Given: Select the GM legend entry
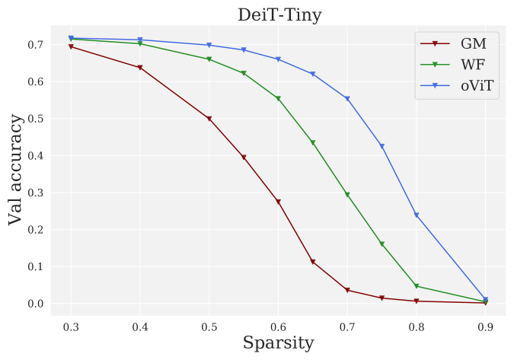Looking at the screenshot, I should click(x=473, y=43).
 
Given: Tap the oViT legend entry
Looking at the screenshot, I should click(x=477, y=86).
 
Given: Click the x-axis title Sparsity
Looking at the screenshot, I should click(x=278, y=343).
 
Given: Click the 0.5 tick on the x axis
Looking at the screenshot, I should click(x=209, y=326).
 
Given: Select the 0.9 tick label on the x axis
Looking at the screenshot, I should click(x=485, y=326).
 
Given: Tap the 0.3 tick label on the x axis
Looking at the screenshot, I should click(x=71, y=326).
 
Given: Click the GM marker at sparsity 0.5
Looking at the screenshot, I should click(x=209, y=119).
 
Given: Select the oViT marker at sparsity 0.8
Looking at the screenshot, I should click(x=417, y=215).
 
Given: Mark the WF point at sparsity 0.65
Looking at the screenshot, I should click(x=313, y=142).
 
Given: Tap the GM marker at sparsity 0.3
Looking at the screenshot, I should click(x=71, y=47).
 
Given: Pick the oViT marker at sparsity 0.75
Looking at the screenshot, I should click(x=382, y=146).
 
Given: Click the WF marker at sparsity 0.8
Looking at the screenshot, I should click(x=417, y=286).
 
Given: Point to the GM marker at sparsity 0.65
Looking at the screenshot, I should click(x=313, y=262).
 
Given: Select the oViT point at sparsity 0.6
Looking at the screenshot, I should click(x=278, y=59).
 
